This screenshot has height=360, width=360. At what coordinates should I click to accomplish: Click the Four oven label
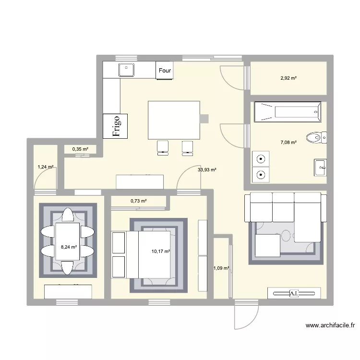pos(165,71)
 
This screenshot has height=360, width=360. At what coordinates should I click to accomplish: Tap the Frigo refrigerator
pos(115,126)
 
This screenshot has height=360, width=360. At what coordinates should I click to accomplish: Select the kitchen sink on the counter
pos(127,70)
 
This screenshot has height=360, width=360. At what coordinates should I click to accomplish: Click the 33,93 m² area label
pos(207,169)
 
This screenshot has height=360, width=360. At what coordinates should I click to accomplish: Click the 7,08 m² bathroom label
pos(288,142)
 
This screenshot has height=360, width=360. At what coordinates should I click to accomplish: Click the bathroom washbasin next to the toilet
pos(321,168)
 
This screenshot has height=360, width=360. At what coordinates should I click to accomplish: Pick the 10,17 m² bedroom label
pos(161,251)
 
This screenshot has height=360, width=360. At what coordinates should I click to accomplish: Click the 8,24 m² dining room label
pos(68,248)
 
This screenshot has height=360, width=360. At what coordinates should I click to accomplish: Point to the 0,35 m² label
pos(80,149)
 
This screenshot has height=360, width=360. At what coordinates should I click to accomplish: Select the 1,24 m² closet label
pos(45,167)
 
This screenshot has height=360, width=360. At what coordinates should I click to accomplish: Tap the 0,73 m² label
pos(138,201)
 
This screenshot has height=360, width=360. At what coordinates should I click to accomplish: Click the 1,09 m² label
pos(221,269)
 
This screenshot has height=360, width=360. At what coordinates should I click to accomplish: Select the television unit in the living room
pos(293,293)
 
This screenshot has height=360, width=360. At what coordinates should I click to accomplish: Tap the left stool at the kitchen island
pos(163,147)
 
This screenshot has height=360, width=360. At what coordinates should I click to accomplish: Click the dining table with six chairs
pos(68,241)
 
